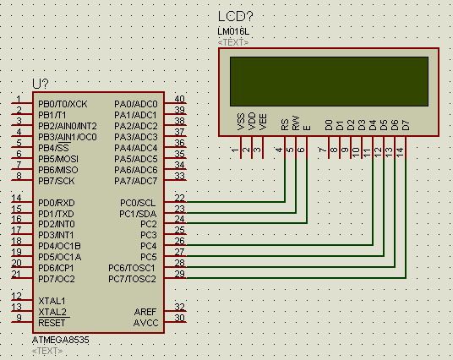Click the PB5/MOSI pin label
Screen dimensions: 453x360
click(58, 159)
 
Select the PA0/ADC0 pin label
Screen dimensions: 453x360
click(136, 104)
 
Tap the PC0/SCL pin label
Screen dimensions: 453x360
click(138, 203)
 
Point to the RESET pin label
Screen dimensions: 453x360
click(52, 323)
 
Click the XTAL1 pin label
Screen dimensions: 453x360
click(52, 301)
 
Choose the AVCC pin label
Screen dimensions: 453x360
click(146, 323)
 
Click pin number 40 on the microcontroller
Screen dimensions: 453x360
click(179, 99)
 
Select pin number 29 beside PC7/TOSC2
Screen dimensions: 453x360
click(179, 274)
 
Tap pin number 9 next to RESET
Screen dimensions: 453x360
click(19, 318)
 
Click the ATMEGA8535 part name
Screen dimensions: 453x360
click(60, 340)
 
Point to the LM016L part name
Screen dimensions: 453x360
click(233, 31)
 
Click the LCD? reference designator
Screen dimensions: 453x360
click(235, 16)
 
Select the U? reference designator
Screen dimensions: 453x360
click(41, 84)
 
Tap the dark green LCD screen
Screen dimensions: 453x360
click(329, 81)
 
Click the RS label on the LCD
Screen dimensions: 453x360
click(285, 124)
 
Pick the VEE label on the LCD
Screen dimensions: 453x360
click(263, 122)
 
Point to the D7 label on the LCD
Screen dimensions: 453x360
click(406, 125)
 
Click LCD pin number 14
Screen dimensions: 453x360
click(400, 151)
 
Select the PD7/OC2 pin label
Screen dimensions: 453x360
click(57, 279)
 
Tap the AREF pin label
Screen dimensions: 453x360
click(145, 312)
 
